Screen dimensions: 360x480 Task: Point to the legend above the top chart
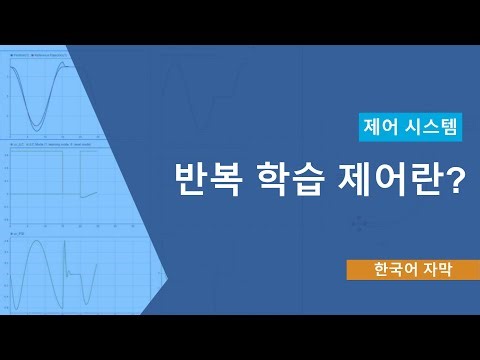tap(45, 52)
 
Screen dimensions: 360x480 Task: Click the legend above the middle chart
tap(50, 146)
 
